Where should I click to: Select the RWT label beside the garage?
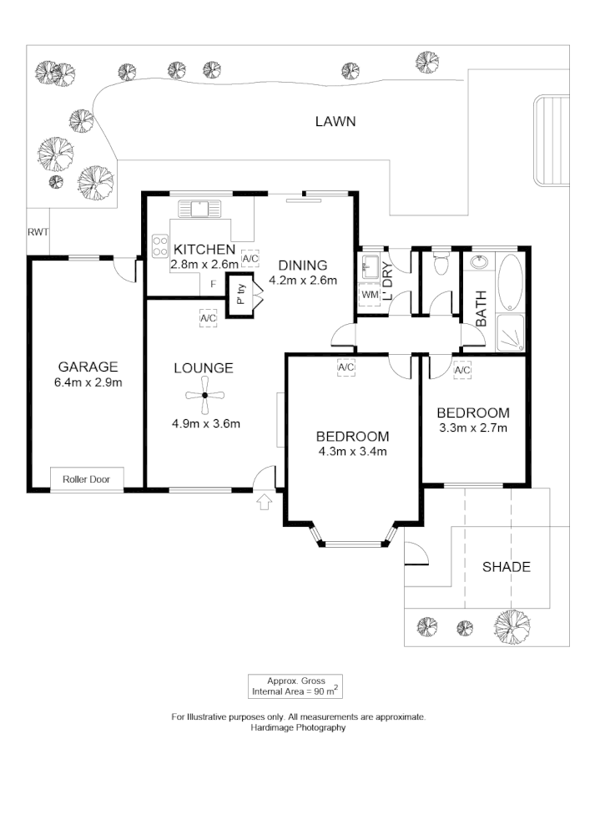[x=37, y=233]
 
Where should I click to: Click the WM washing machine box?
[x=369, y=295]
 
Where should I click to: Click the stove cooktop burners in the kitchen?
[x=159, y=247]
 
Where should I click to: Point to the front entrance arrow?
[x=265, y=502]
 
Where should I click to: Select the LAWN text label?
[x=335, y=122]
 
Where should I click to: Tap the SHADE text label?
[x=507, y=567]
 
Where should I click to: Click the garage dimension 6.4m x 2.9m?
[x=88, y=383]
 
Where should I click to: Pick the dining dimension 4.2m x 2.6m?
[x=302, y=281]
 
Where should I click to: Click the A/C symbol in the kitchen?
[x=250, y=258]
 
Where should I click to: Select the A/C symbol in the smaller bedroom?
[x=462, y=370]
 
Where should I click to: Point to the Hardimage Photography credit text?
[x=298, y=727]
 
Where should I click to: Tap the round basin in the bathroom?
[x=480, y=263]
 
